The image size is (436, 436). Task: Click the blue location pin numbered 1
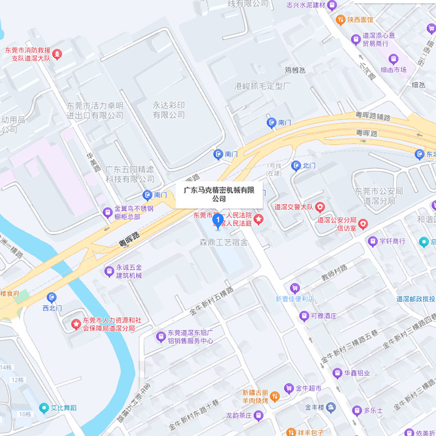point(218,221)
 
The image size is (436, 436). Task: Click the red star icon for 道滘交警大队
point(320,207)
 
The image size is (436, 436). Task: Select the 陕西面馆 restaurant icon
point(340,20)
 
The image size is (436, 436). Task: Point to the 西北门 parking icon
point(52,297)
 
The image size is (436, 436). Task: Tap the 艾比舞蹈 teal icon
point(44,407)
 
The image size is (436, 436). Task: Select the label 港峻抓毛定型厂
point(263,86)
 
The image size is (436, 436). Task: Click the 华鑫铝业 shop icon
point(337,373)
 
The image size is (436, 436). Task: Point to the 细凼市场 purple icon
point(392,59)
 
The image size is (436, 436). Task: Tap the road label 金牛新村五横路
point(211,300)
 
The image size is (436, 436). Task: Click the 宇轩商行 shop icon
point(373,241)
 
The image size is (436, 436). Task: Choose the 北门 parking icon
point(296,165)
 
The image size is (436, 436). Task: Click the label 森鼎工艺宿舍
point(223,242)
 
